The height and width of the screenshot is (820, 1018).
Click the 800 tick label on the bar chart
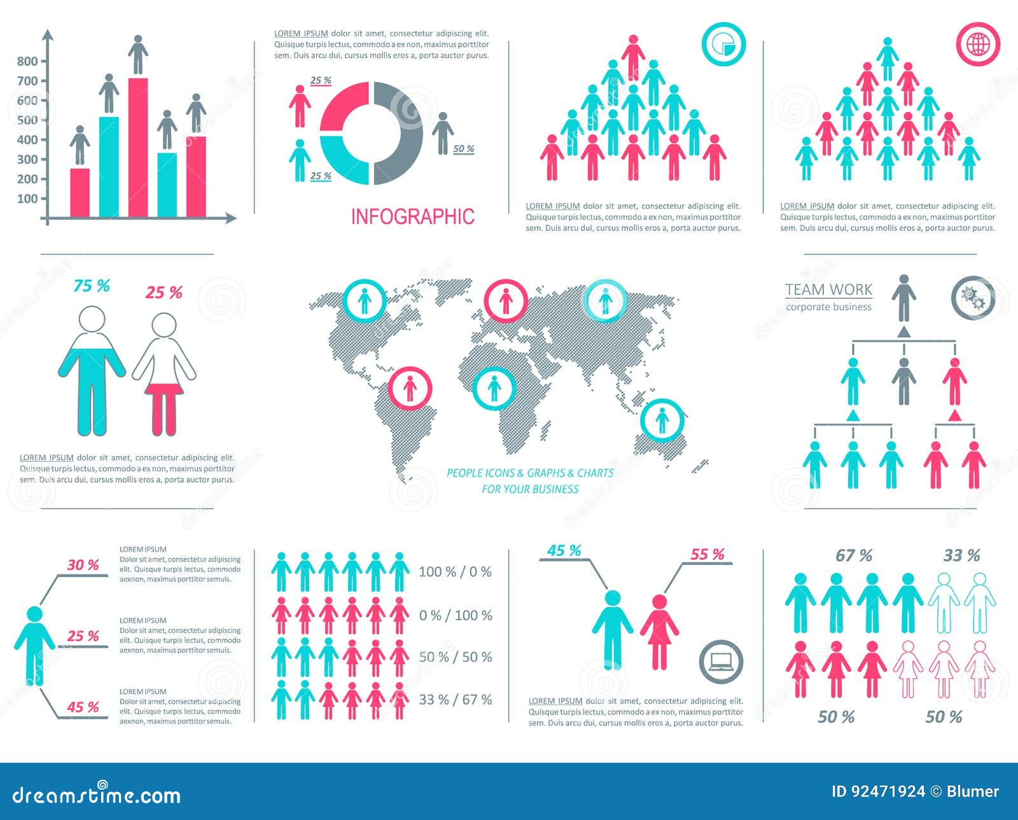coord(27,61)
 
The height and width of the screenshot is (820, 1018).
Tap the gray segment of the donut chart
coord(400,134)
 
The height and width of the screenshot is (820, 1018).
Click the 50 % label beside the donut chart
coord(464,149)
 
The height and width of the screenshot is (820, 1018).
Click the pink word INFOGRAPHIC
coord(412,217)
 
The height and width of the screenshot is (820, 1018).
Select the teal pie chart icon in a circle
coord(723,44)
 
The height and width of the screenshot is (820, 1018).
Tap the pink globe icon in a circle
coord(978,44)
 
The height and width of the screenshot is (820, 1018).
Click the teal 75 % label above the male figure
coord(92,286)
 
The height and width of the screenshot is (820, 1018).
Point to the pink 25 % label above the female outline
coord(164,293)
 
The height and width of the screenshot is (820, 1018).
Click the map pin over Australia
coord(662,420)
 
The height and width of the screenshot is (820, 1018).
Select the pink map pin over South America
coord(410,388)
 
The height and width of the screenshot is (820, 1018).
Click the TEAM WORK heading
coord(828,290)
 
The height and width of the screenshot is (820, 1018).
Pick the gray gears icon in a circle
coord(973,297)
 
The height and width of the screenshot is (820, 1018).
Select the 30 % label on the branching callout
coord(83,565)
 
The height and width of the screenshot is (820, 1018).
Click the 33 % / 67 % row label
coord(456,700)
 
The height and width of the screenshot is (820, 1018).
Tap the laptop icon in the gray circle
coord(721,661)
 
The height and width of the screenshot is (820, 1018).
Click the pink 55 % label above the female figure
coord(708,555)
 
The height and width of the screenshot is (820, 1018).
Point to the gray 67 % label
coord(854,556)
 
